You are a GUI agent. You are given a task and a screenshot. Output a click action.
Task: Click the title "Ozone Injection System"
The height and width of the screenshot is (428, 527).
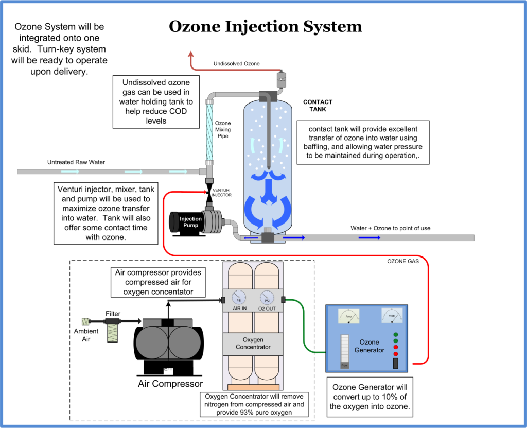click(x=266, y=27)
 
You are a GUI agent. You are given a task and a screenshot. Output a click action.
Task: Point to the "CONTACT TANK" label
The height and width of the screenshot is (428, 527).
click(x=318, y=106)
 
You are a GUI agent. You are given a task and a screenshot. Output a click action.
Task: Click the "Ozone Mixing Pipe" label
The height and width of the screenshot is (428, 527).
click(x=222, y=130)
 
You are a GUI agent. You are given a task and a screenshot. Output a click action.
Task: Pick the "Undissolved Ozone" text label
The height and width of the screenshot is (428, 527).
click(x=237, y=64)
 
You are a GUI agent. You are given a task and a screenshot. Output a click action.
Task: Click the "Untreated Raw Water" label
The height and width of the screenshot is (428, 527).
click(x=76, y=162)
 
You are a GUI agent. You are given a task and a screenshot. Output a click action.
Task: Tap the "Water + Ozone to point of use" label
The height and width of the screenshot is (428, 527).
click(x=390, y=228)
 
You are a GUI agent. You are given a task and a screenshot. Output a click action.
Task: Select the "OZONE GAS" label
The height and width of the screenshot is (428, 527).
click(x=403, y=261)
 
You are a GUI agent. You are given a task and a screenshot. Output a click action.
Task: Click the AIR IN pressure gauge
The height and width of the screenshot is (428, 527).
click(x=238, y=298)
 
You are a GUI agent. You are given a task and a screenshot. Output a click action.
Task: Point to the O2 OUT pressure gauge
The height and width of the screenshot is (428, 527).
click(x=267, y=298)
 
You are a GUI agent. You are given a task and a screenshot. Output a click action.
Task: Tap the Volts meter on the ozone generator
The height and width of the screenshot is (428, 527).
click(x=392, y=315)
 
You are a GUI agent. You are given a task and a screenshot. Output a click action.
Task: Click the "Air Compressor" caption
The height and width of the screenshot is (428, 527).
click(x=170, y=384)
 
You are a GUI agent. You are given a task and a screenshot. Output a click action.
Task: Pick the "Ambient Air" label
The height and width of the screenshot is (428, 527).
click(x=86, y=335)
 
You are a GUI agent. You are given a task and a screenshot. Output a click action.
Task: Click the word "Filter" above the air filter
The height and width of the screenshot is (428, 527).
click(x=113, y=313)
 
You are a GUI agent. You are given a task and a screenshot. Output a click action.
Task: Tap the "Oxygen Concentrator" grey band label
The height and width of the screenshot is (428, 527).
click(x=253, y=344)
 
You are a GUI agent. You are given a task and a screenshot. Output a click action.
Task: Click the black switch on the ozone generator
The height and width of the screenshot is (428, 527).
click(x=395, y=364)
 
